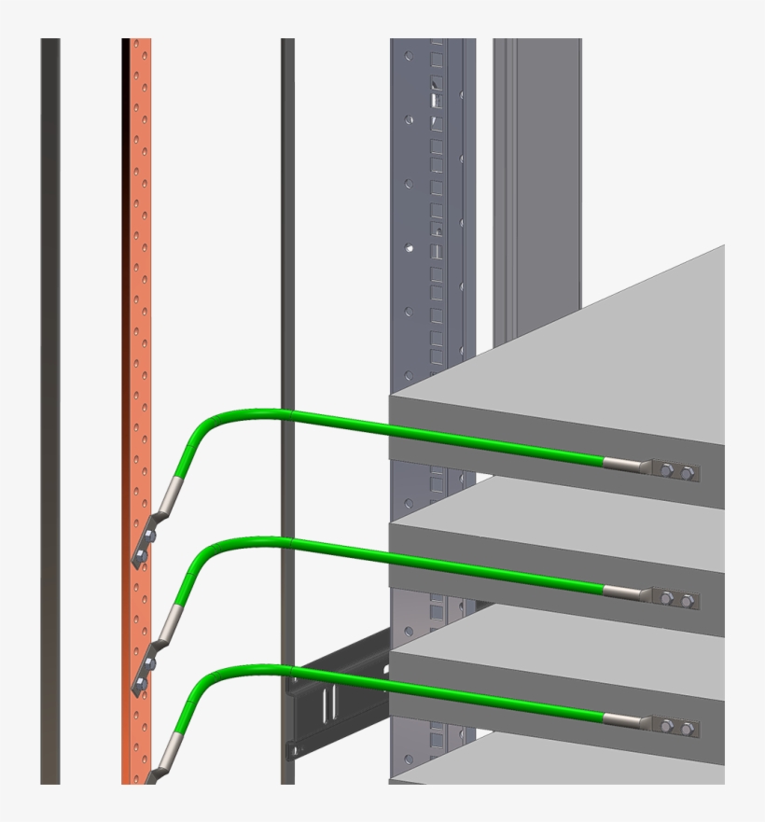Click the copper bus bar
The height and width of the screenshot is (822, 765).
click(x=136, y=280)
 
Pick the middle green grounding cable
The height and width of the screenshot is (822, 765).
click(x=420, y=559)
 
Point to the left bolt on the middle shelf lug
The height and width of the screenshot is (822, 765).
click(x=668, y=599)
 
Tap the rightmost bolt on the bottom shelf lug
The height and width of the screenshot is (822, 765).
click(x=688, y=728)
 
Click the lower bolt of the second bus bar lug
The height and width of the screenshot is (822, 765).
click(x=137, y=688)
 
